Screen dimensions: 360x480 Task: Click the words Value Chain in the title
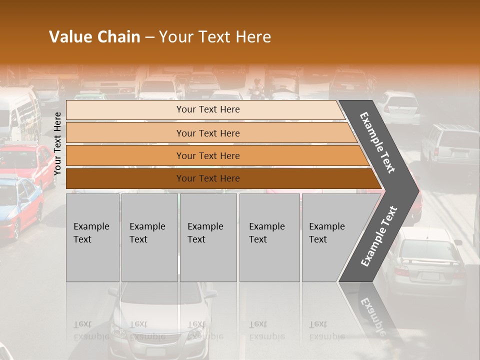point(94,37)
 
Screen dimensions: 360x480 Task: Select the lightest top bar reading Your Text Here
point(207,109)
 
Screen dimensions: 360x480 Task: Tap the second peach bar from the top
point(207,133)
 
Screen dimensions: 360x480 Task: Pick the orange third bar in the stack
point(207,155)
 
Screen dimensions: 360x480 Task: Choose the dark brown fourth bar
point(207,178)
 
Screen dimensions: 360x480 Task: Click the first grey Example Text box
point(92,237)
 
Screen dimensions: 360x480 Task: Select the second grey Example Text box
point(149,237)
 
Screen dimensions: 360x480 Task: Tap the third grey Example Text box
point(208,237)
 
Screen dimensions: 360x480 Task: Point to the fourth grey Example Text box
point(269,237)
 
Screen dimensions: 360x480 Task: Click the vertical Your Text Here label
point(57,143)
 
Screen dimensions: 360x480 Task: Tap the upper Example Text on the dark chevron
point(377,142)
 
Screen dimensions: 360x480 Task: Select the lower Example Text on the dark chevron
point(379,236)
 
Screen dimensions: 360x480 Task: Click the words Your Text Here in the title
point(215,37)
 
